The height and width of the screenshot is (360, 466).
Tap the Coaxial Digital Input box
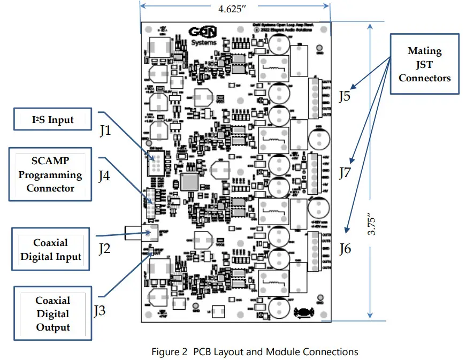tap(51, 250)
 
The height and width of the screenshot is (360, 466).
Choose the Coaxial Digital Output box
tap(53, 314)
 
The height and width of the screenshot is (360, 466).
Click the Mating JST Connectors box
tap(425, 64)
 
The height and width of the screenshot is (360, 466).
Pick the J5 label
tap(346, 96)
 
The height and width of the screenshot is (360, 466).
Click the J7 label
tap(346, 172)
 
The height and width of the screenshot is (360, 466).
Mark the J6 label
tap(346, 248)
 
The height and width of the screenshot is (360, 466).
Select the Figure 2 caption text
tap(255, 351)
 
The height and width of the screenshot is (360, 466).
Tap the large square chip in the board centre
tap(190, 181)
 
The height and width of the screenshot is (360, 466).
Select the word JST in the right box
tap(425, 64)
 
